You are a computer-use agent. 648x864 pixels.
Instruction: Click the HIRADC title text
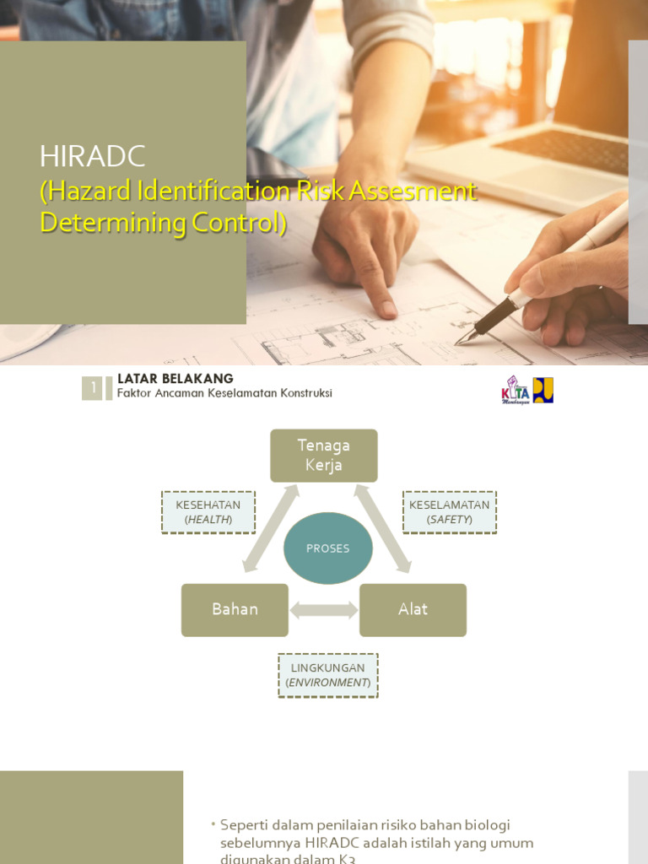click(93, 156)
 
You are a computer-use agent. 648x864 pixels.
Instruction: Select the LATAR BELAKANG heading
click(175, 379)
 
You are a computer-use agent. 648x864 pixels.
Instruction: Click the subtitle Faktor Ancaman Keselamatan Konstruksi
click(224, 393)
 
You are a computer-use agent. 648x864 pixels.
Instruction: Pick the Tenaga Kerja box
click(323, 456)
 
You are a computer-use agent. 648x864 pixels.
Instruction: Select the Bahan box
click(235, 609)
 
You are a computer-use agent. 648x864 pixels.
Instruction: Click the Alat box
click(413, 609)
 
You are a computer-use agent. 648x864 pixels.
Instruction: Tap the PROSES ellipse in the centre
click(327, 548)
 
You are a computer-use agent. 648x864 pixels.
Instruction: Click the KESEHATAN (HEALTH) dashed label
click(208, 512)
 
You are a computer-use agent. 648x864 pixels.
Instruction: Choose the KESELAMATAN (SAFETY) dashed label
click(450, 512)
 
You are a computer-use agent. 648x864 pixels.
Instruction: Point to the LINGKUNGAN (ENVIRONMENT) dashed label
click(328, 675)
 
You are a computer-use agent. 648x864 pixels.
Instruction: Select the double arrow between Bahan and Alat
click(324, 609)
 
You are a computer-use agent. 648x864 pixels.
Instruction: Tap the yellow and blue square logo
click(543, 390)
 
